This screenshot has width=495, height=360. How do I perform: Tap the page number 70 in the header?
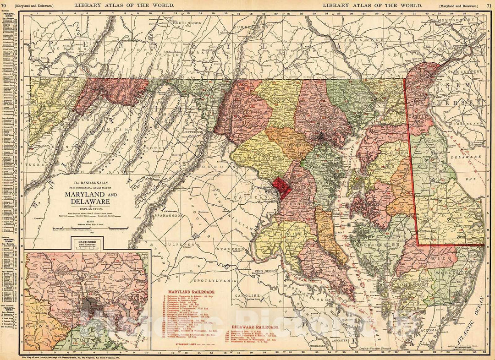(x=4, y=5)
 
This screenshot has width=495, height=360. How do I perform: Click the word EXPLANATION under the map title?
(x=87, y=208)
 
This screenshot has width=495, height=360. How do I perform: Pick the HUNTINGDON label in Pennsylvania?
(x=184, y=22)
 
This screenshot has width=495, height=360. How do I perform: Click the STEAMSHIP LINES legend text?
(x=186, y=351)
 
